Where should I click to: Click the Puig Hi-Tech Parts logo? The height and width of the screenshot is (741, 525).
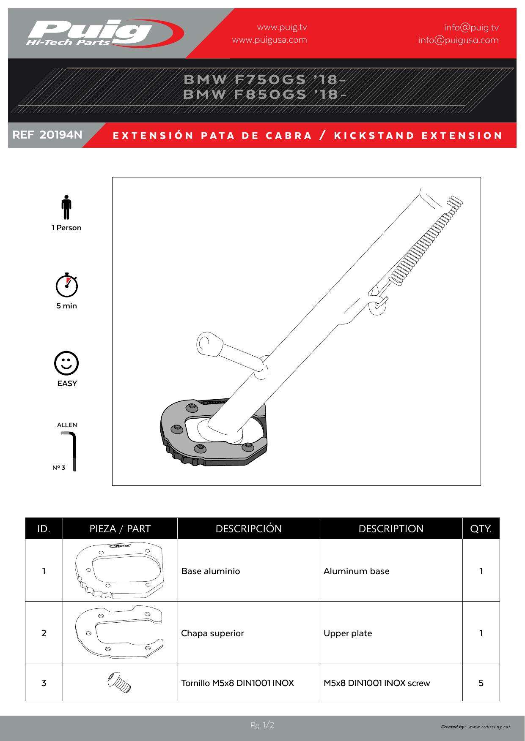click(105, 33)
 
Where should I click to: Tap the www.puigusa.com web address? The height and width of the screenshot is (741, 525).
click(269, 40)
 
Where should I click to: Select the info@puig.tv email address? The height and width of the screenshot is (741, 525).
click(471, 27)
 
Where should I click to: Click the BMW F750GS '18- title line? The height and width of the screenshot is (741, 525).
click(265, 79)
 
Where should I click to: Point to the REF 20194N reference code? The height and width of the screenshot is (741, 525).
click(47, 135)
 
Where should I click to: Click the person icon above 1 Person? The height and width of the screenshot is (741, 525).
click(66, 207)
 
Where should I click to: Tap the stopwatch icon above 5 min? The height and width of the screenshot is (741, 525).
click(67, 285)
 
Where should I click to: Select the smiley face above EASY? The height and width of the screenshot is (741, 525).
click(66, 363)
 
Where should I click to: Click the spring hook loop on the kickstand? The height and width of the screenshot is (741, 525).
click(378, 305)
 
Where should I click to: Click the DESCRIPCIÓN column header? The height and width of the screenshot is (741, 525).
click(249, 529)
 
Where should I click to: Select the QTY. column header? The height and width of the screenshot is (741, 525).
click(481, 529)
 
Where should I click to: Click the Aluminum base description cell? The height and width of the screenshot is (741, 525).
click(357, 571)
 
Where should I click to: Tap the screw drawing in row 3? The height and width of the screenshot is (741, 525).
click(119, 682)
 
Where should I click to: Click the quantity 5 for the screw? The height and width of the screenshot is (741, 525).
click(481, 683)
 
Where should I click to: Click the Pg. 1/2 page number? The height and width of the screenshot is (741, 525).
click(262, 725)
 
